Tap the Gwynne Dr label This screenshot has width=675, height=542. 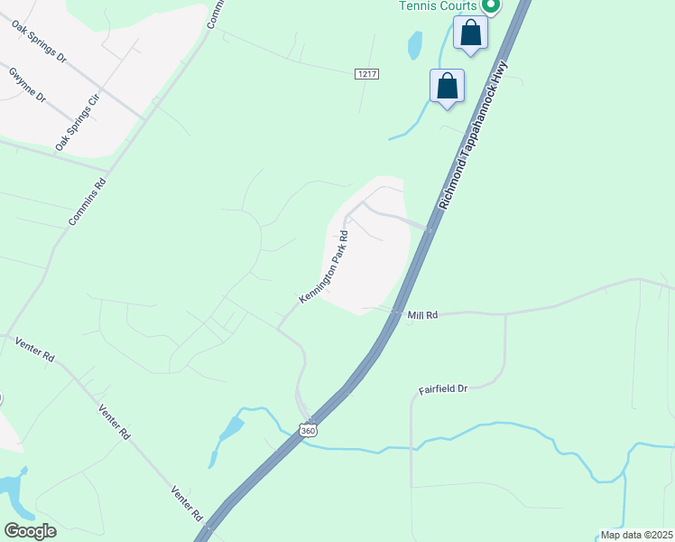(x=27, y=85)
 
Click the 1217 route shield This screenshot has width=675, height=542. (x=365, y=72)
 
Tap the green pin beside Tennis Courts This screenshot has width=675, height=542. (x=491, y=5)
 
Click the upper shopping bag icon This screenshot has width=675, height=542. (x=470, y=33)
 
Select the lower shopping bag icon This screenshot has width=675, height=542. (x=448, y=87)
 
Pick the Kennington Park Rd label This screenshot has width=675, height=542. (x=324, y=266)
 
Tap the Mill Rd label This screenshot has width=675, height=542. (x=422, y=315)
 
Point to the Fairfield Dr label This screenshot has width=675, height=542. (x=443, y=388)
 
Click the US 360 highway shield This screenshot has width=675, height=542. (x=309, y=431)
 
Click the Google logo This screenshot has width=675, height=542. (x=30, y=531)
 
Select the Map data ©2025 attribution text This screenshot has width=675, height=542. (x=636, y=535)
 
